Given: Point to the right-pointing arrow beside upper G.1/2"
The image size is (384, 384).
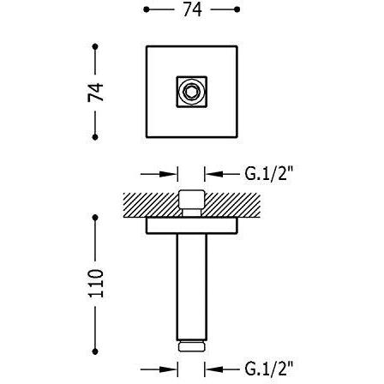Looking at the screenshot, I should coord(160,174).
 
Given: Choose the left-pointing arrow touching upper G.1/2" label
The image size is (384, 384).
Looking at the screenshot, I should coord(220,174).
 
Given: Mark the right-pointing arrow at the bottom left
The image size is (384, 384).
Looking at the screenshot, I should coord(160,370).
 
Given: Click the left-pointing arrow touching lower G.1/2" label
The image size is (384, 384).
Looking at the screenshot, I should coord(220,370).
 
